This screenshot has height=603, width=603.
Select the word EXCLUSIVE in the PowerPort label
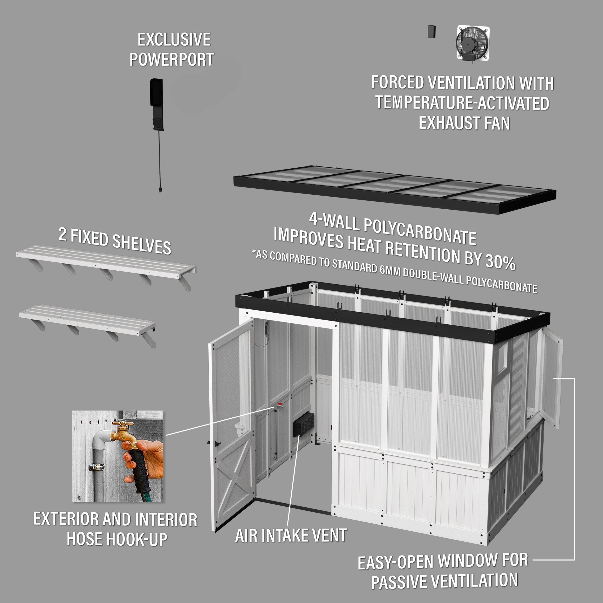pyautogui.click(x=174, y=40)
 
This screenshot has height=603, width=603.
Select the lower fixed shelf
pyautogui.click(x=87, y=323)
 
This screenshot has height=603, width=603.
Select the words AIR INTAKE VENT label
pyautogui.click(x=291, y=535)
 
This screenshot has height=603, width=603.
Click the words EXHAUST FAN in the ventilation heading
pyautogui.click(x=464, y=123)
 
